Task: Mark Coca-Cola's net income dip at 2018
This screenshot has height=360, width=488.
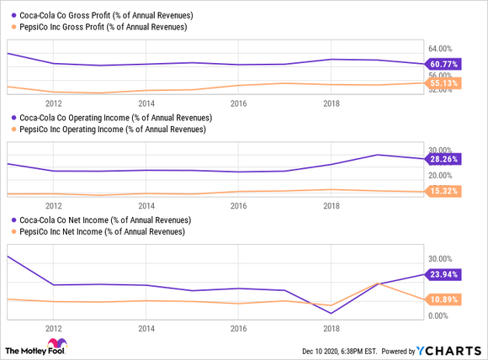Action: click(332, 313)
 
